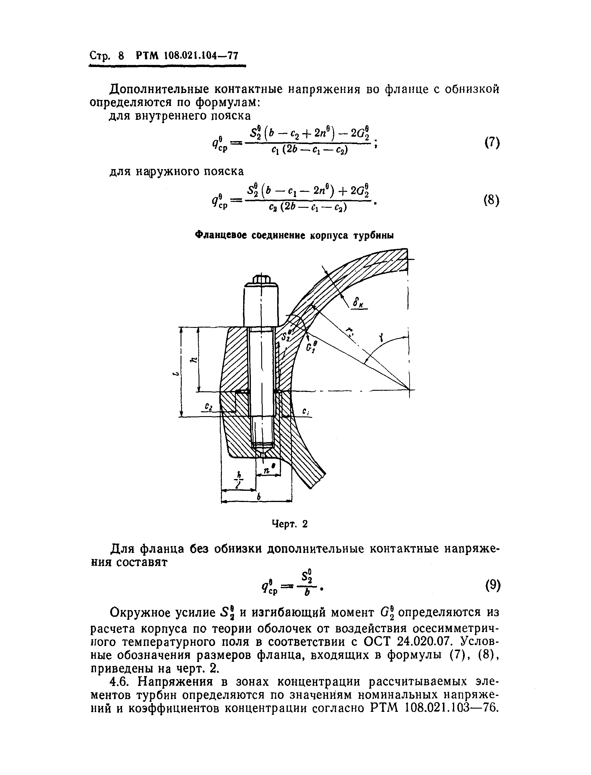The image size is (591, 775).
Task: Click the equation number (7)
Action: pyautogui.click(x=492, y=143)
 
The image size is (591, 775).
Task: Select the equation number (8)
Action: pyautogui.click(x=492, y=201)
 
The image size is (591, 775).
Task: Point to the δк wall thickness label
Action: pyautogui.click(x=358, y=303)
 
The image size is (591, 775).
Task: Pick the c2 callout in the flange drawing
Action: pyautogui.click(x=209, y=406)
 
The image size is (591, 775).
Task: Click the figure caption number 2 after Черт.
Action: pyautogui.click(x=305, y=524)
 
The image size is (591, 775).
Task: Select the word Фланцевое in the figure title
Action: pyautogui.click(x=220, y=235)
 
